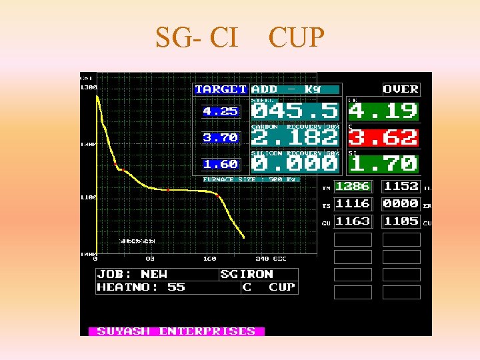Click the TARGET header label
click(221, 89)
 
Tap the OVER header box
click(401, 89)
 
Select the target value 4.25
click(220, 111)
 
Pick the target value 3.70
click(220, 138)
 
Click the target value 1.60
click(220, 164)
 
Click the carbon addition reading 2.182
click(295, 138)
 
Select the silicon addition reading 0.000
click(295, 164)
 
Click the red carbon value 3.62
click(383, 138)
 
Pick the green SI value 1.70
click(383, 164)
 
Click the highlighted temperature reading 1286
click(352, 187)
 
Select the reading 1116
click(352, 204)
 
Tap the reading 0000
click(401, 204)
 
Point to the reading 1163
click(352, 221)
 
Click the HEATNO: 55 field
click(141, 287)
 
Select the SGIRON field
click(247, 274)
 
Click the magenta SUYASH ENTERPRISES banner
click(176, 331)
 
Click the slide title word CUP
click(296, 38)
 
